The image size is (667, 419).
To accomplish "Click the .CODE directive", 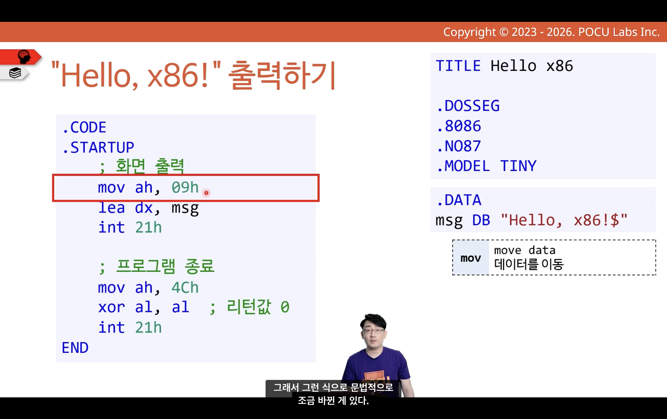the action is coord(84,127).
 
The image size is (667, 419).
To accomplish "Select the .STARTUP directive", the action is coord(98,147).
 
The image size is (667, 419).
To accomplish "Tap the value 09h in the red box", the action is coord(185,188).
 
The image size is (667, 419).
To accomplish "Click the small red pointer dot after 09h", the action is coord(206,193).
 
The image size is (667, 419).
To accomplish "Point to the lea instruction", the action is coord(112,208).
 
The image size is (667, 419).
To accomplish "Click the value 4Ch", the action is coord(185,288).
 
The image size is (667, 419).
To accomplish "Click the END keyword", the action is coord(75,348).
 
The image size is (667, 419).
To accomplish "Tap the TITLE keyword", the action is coord(458,66).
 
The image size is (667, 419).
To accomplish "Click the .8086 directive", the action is coord(459,126).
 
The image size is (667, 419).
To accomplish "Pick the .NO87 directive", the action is coord(459,146).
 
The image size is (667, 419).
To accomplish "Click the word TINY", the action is coord(518,166).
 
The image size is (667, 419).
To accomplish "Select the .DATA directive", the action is coord(459,200).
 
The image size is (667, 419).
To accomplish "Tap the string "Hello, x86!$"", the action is coord(564,220).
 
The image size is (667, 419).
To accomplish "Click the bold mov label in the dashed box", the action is coord(471,258).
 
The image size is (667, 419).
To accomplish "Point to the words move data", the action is coord(525,251).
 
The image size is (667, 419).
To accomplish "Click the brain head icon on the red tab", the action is coord(24,57).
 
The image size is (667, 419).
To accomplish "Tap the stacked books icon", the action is coord(15,73).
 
